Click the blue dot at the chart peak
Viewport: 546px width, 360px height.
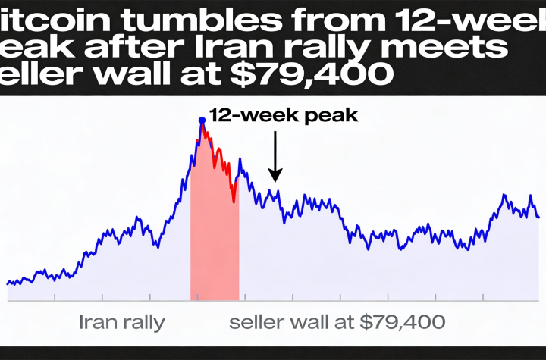point(202,120)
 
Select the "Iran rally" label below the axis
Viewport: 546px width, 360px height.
point(122,322)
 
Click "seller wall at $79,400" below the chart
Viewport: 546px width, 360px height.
point(337,322)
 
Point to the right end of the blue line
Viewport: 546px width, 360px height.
point(539,218)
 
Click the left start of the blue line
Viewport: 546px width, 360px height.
point(8,283)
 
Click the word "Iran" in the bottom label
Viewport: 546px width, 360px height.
point(98,322)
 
